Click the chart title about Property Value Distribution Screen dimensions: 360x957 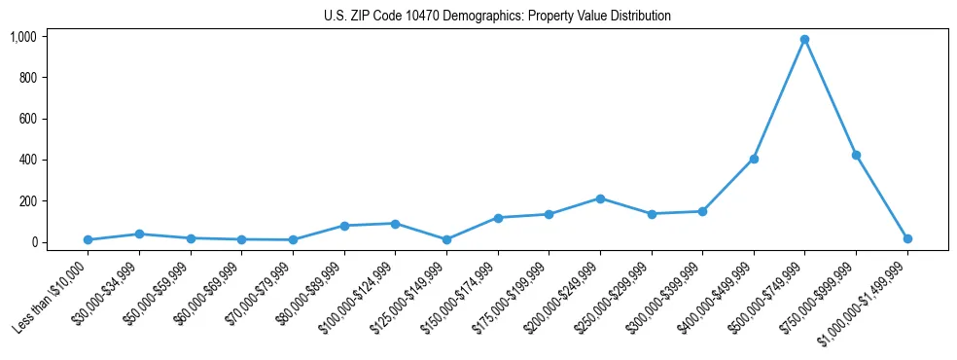tap(497, 17)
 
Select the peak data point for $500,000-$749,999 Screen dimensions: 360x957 tap(804, 40)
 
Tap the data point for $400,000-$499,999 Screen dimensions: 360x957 tap(754, 159)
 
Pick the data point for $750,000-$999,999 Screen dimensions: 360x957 tap(856, 155)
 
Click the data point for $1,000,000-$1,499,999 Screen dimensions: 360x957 tap(907, 238)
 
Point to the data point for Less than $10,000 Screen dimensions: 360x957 tap(88, 239)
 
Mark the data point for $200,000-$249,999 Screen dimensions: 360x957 tap(600, 198)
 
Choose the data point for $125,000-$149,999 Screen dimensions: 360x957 tap(446, 239)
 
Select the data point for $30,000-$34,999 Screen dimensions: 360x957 tap(139, 234)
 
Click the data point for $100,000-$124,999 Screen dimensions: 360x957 tap(395, 224)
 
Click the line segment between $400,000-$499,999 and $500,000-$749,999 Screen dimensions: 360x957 tap(779, 99)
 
